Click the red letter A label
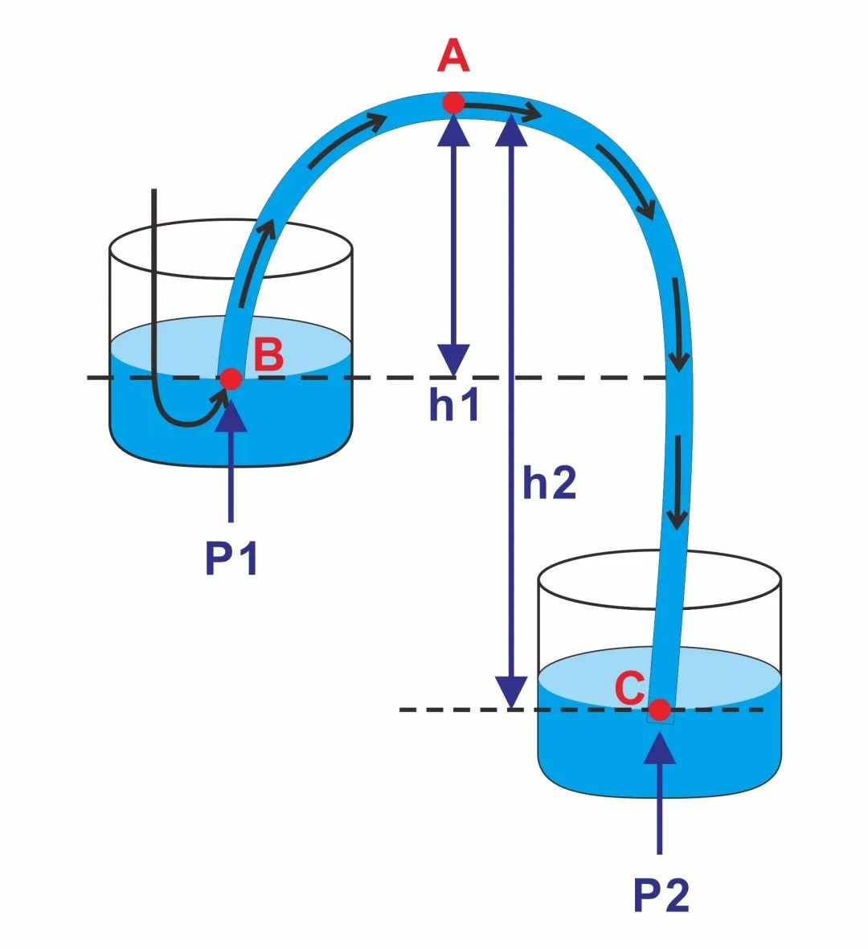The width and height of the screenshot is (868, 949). tap(453, 56)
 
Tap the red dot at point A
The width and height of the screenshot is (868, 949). tap(453, 104)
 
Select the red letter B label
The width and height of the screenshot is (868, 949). tap(268, 354)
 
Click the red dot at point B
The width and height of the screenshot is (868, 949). tap(231, 378)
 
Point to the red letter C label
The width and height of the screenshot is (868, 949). tap(629, 688)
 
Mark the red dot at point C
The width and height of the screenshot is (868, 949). tap(659, 710)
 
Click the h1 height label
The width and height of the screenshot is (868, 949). tap(454, 405)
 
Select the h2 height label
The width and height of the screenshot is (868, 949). tap(549, 483)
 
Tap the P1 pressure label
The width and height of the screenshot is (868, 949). tap(231, 558)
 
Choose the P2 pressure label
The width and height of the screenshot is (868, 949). tap(661, 895)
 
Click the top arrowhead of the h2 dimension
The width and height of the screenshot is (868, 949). tap(511, 130)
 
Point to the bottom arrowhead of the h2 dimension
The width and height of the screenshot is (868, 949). tap(511, 692)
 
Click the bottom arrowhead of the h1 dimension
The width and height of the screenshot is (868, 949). tap(454, 360)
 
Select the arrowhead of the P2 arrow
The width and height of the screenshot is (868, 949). tap(659, 747)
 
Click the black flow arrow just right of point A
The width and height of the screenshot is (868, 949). tap(502, 110)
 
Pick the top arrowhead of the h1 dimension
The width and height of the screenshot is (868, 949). tap(454, 130)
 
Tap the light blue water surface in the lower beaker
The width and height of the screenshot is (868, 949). tap(605, 672)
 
